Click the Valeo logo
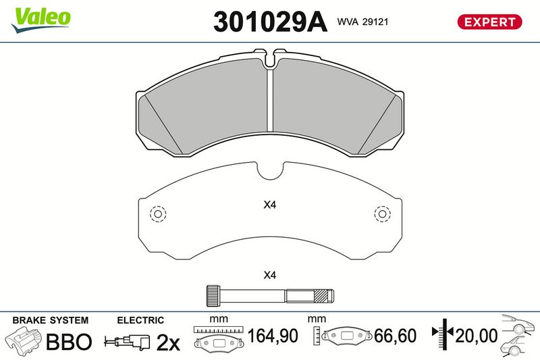pos(40,20)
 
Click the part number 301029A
pos(270,22)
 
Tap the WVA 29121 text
pos(362,22)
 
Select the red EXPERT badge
pos(489,22)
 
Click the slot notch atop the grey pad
pos(271,59)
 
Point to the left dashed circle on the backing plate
pos(158,214)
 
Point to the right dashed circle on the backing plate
pos(382,214)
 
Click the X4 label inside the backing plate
pos(269,205)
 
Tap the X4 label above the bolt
pos(269,275)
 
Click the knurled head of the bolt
pos(213,296)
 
